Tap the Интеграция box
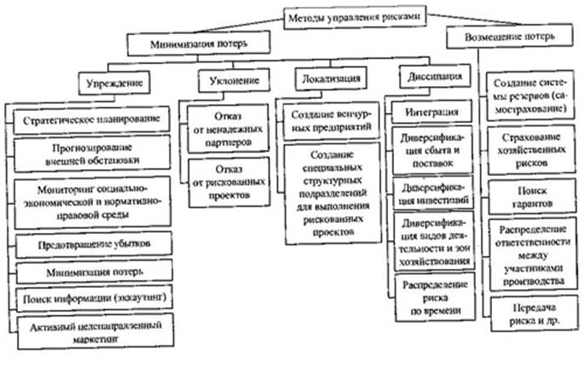(430, 111)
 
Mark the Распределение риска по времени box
(430, 295)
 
